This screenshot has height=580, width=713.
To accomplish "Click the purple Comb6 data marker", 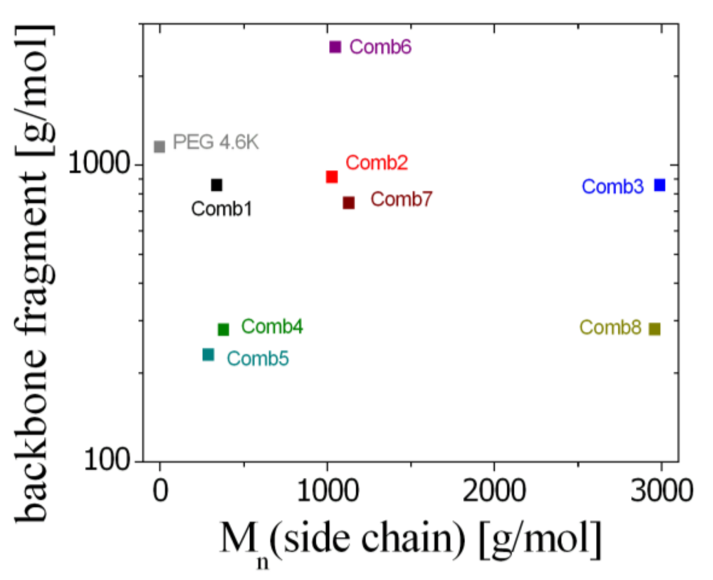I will (x=335, y=47).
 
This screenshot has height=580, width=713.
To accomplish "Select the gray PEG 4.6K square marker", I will (x=160, y=146).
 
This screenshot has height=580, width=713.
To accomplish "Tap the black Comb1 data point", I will (x=216, y=185).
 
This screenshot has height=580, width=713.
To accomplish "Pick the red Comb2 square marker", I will (x=332, y=176).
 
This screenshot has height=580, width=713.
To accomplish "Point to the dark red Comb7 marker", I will (x=349, y=203).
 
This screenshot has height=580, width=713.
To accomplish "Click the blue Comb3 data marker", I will (x=660, y=185).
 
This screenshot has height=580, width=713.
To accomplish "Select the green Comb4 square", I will (x=223, y=329).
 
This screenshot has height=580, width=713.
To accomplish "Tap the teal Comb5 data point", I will (x=208, y=355).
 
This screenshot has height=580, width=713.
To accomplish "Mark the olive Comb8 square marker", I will (x=654, y=329).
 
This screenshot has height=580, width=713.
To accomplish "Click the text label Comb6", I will (x=380, y=47).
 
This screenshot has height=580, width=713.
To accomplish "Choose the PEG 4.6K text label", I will (x=216, y=142).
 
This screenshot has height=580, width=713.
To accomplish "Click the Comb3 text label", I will (x=612, y=187).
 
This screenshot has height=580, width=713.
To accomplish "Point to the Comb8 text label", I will (x=610, y=328).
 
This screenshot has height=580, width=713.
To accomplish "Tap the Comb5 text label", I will (x=258, y=359).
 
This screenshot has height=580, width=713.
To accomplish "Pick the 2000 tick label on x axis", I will (x=494, y=491).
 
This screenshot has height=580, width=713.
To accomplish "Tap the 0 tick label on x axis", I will (x=160, y=491).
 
